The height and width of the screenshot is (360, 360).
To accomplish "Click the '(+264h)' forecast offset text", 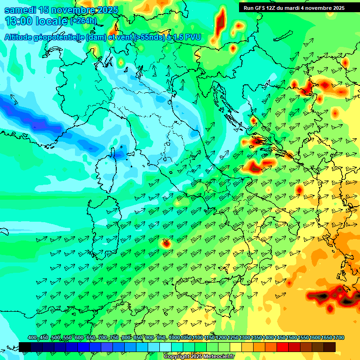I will (83, 21).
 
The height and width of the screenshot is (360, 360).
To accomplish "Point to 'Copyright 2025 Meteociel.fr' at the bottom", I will (199, 357).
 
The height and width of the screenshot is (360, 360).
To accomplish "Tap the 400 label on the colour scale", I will (32, 338).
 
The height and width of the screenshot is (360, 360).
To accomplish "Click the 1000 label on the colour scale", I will (174, 338).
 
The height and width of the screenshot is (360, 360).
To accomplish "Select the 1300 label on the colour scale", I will (245, 338).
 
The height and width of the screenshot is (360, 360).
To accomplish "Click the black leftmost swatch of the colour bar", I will (25, 346).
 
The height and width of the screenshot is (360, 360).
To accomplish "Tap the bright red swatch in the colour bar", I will (283, 346).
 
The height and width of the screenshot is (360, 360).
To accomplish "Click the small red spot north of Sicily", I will (166, 243).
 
